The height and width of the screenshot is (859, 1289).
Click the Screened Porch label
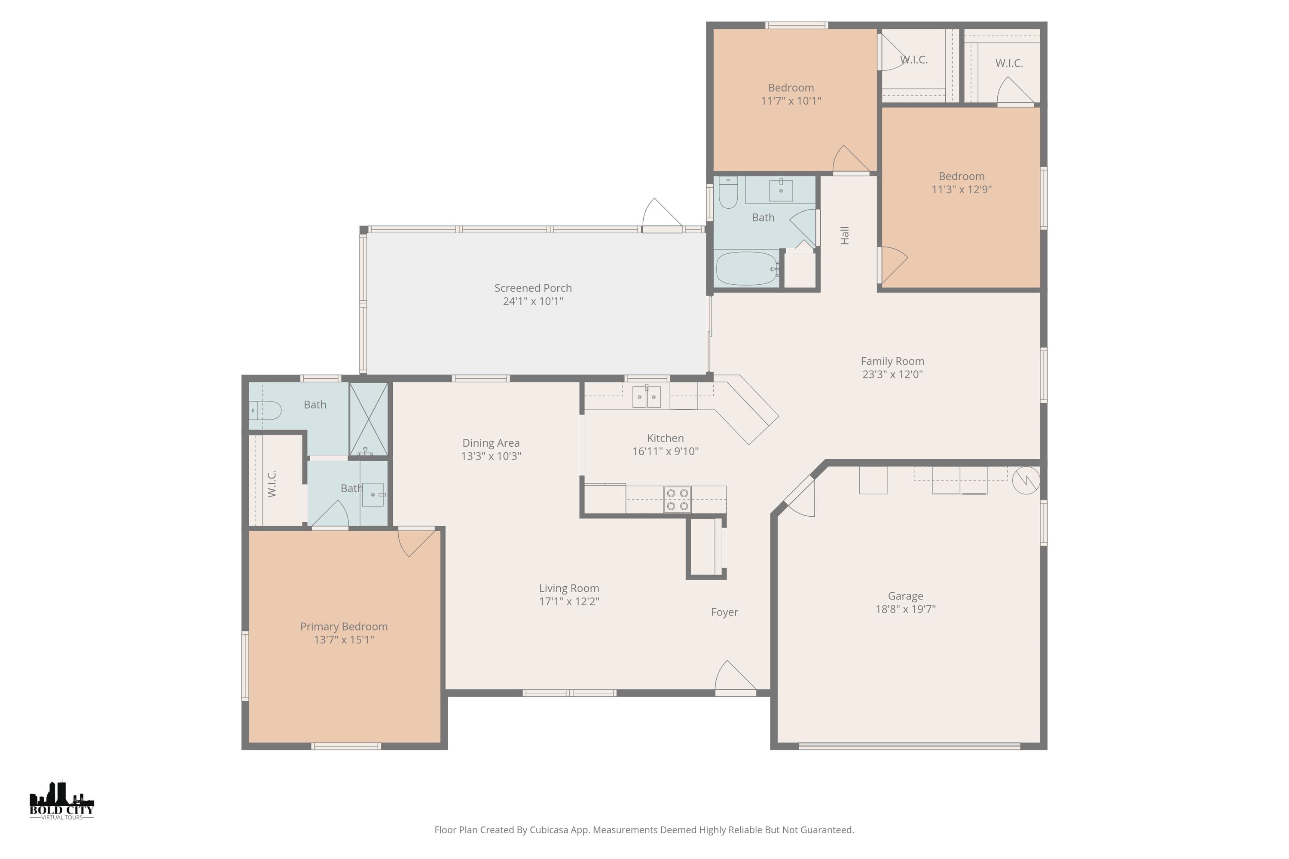click(x=533, y=288)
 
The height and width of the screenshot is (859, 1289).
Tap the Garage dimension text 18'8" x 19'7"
click(x=905, y=609)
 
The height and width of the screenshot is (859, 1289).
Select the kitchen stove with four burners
click(x=678, y=500)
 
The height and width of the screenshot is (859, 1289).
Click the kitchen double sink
click(x=646, y=396)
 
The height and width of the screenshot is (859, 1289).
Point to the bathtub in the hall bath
click(x=746, y=268)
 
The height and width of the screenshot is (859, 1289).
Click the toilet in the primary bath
click(x=265, y=410)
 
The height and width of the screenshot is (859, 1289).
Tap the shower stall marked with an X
click(x=368, y=419)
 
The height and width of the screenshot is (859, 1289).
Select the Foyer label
click(x=724, y=612)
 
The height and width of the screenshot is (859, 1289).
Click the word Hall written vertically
click(x=845, y=235)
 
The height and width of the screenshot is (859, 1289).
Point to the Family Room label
click(x=892, y=362)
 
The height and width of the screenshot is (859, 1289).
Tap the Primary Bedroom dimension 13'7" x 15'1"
click(x=344, y=640)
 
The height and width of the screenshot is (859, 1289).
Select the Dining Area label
click(x=491, y=443)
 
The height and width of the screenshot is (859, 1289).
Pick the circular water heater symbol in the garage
click(x=1026, y=481)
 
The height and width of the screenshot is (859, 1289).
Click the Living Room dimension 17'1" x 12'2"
click(x=569, y=602)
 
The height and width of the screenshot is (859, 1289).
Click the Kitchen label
click(x=665, y=438)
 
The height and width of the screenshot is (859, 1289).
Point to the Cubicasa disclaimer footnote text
click(x=644, y=830)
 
